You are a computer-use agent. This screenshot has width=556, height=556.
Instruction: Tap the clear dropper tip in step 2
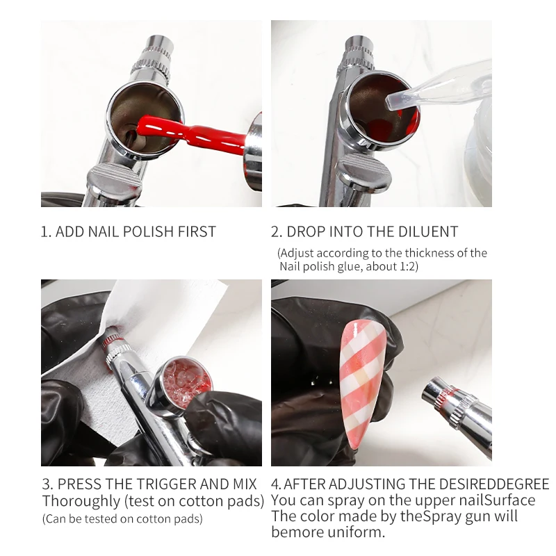tap(395, 101)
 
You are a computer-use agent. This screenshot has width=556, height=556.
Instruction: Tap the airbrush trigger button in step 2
tap(364, 174)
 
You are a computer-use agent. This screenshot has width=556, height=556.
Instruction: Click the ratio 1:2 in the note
tap(407, 266)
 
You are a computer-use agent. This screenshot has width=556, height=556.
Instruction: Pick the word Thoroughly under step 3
tap(81, 501)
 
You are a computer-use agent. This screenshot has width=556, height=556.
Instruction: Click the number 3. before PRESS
tap(47, 484)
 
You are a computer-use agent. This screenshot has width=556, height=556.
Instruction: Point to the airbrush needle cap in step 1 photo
tap(158, 45)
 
